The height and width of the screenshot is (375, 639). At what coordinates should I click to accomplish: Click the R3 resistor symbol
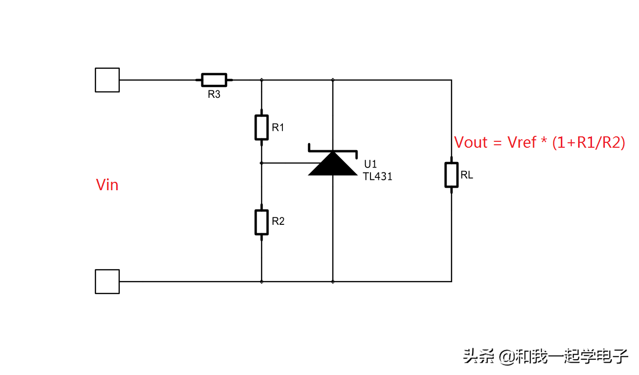click(x=214, y=80)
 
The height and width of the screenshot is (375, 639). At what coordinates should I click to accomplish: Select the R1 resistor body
click(x=262, y=127)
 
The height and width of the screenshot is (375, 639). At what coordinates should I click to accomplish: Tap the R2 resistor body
click(x=262, y=222)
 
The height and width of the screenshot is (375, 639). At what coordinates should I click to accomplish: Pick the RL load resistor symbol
click(x=451, y=174)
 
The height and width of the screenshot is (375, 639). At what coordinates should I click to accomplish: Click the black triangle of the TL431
click(x=332, y=165)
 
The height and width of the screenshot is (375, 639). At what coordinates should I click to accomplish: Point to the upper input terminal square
click(x=107, y=80)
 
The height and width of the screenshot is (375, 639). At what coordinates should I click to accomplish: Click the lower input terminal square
click(x=107, y=282)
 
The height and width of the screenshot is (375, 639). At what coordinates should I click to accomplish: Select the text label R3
click(x=214, y=94)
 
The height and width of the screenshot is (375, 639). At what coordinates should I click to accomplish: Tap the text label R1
click(x=278, y=127)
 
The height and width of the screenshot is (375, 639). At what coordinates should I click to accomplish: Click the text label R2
click(x=278, y=221)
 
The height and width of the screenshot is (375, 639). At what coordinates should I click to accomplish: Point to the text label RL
click(x=466, y=175)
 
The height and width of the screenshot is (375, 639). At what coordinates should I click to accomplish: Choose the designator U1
click(x=370, y=165)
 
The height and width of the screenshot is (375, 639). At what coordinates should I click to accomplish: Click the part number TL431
click(x=378, y=176)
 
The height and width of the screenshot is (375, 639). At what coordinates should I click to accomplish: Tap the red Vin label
click(x=107, y=185)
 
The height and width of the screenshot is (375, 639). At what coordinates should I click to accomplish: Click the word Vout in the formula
click(x=471, y=143)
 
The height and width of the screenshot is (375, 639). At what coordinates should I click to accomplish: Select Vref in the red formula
click(x=522, y=143)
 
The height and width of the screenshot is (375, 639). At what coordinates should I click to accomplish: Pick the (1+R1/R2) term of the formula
click(x=589, y=143)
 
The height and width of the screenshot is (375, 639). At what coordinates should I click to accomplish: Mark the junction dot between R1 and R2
click(x=262, y=163)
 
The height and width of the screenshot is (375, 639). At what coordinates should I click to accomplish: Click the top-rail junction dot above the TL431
click(x=332, y=80)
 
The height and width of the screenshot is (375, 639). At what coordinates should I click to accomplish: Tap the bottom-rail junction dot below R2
click(x=262, y=282)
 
